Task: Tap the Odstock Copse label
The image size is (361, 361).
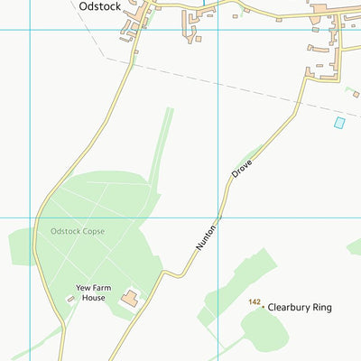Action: pyautogui.click(x=78, y=232)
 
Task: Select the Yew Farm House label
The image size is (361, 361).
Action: pyautogui.click(x=90, y=293)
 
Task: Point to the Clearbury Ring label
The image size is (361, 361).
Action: pyautogui.click(x=300, y=308)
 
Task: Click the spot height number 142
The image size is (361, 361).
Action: pyautogui.click(x=255, y=302)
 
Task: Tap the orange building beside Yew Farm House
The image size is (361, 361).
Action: pyautogui.click(x=130, y=298)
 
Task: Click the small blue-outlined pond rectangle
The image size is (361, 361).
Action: pyautogui.click(x=339, y=122)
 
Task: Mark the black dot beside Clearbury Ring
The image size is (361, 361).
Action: pyautogui.click(x=264, y=308)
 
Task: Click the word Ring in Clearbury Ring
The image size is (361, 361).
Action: pyautogui.click(x=321, y=308)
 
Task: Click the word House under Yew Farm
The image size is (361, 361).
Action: pyautogui.click(x=90, y=298)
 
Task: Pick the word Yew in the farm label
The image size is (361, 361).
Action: pyautogui.click(x=81, y=289)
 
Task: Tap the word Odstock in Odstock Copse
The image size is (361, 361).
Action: pyautogui.click(x=65, y=232)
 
